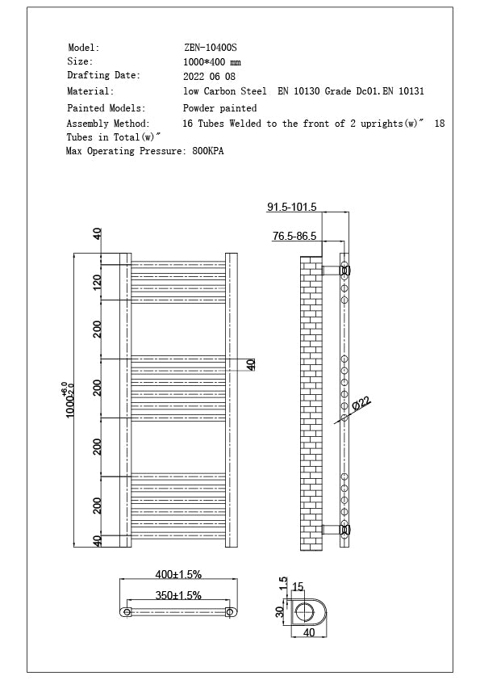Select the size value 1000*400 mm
(x=212, y=62)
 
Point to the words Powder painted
(x=220, y=107)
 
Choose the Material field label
(x=90, y=91)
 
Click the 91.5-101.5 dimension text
(x=291, y=208)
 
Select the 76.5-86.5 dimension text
(x=294, y=236)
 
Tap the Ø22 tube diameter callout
(x=361, y=402)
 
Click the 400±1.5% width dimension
(x=178, y=574)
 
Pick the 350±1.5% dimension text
(x=178, y=595)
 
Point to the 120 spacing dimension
(x=97, y=282)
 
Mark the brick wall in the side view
(x=311, y=404)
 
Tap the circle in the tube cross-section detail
(x=307, y=611)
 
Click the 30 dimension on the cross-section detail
(x=280, y=611)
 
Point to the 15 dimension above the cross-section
(x=298, y=586)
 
